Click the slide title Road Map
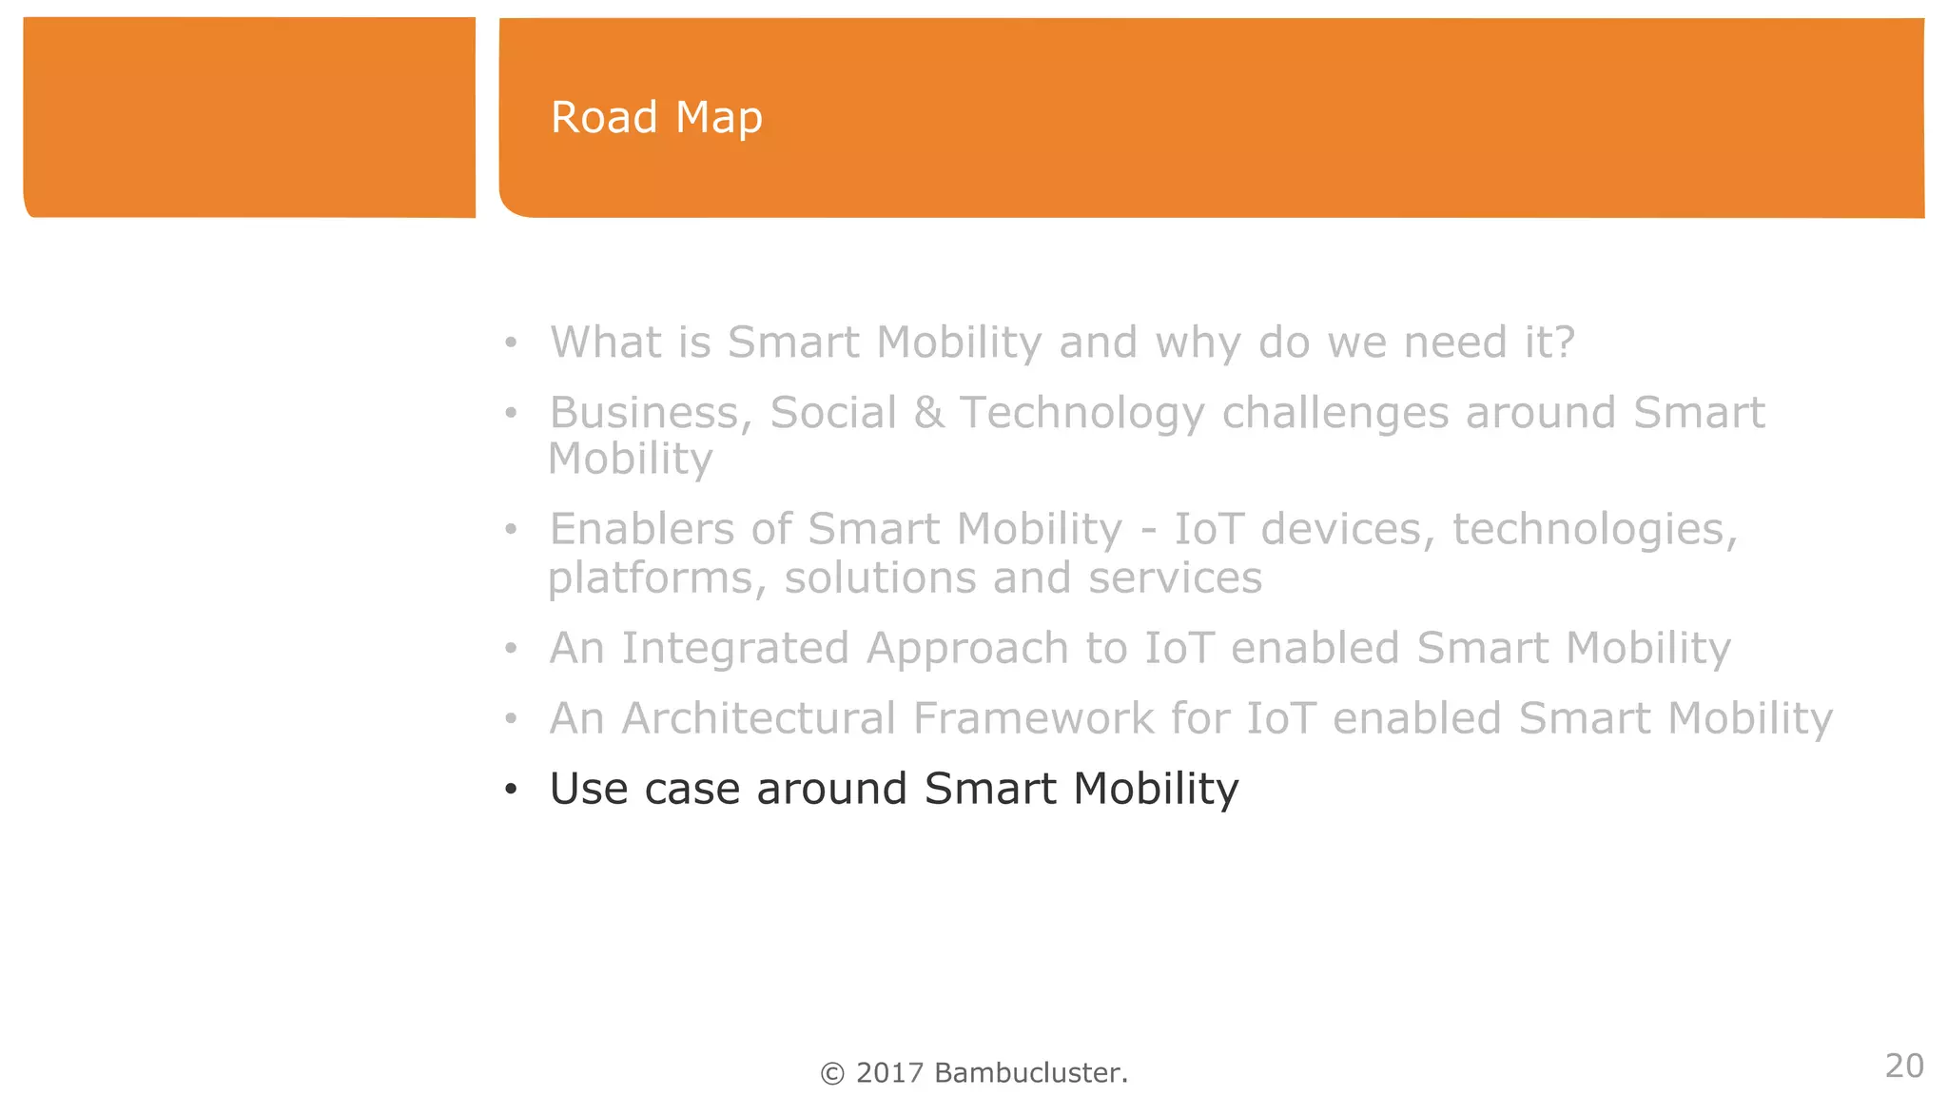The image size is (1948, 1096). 656,118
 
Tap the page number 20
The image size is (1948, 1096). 1904,1066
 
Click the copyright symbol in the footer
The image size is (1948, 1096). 832,1073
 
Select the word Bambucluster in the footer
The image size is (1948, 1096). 1029,1073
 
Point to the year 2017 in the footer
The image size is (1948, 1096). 889,1073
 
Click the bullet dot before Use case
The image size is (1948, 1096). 511,790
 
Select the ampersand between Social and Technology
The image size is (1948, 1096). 928,413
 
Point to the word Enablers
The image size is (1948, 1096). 642,529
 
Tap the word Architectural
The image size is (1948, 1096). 758,718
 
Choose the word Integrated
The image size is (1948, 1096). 734,649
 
